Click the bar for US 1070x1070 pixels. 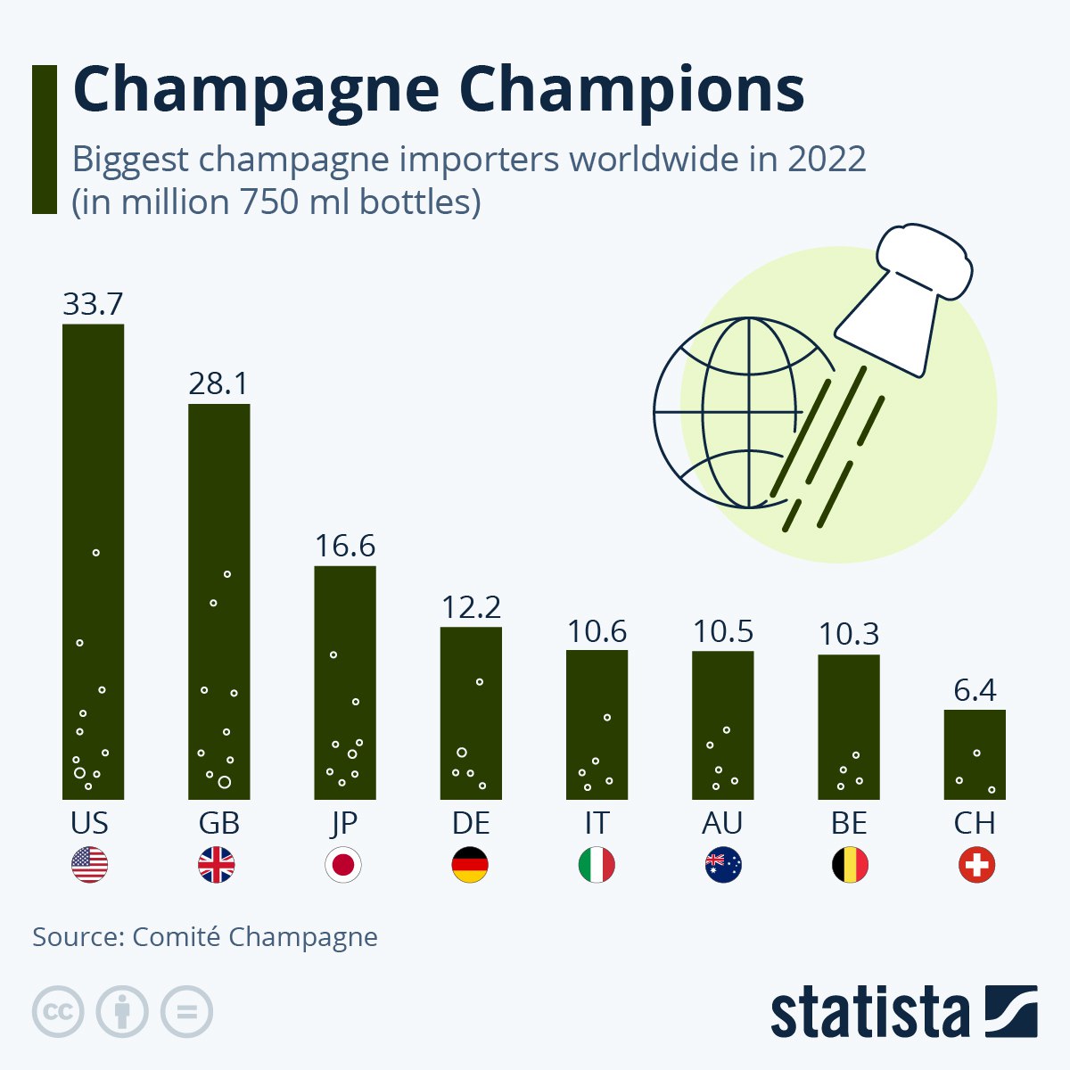tap(93, 562)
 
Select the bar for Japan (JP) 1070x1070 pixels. tap(345, 682)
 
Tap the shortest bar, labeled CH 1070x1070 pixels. tap(975, 754)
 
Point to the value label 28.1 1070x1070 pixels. tap(218, 383)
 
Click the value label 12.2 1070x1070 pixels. tap(471, 607)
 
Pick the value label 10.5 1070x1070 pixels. tap(723, 631)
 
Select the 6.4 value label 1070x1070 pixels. tap(975, 690)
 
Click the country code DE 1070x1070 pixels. tap(471, 822)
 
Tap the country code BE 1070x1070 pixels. tap(849, 822)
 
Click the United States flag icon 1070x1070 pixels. tap(89, 865)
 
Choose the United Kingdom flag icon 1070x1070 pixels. tap(216, 865)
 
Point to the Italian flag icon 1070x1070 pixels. tap(597, 865)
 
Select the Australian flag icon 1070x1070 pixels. tap(723, 865)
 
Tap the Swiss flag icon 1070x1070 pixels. tap(976, 865)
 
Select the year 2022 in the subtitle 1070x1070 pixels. tap(827, 160)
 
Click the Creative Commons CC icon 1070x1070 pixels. tap(58, 1012)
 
